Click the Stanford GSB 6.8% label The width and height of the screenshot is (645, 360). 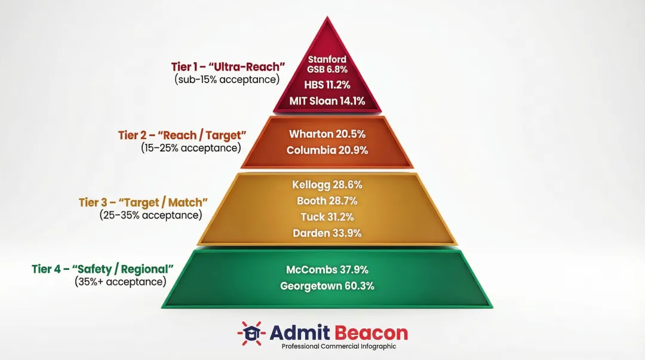[x=327, y=64]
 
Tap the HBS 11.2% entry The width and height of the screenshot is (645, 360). [x=327, y=85]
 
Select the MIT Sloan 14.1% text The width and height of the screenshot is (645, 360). [x=327, y=101]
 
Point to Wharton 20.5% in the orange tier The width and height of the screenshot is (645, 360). [x=327, y=134]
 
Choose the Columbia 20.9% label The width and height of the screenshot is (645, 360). [x=327, y=150]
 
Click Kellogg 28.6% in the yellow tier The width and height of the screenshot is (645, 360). [x=327, y=184]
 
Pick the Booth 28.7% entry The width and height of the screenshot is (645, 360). [x=327, y=201]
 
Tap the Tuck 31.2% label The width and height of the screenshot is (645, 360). [x=327, y=217]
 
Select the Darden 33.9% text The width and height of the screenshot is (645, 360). [x=327, y=233]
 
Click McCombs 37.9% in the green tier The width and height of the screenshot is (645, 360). [x=327, y=269]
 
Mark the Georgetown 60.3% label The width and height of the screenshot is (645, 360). [x=327, y=286]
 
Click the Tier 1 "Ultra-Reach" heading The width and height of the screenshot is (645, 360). [x=226, y=67]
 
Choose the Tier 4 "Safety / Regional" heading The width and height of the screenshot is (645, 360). [x=103, y=269]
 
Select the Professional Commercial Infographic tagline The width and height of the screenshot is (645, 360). [x=339, y=346]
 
